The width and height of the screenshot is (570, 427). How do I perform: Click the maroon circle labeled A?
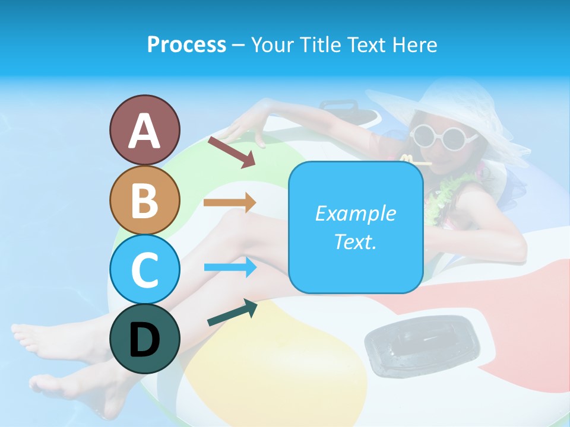coord(144,130)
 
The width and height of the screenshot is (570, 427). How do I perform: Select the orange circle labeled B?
coord(144,200)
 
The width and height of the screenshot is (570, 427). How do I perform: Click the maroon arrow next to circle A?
coord(232,152)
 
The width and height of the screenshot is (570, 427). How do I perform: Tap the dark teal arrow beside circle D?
coord(232,314)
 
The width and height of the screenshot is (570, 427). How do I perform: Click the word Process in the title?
coord(186,44)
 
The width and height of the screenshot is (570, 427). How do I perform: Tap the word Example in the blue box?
coord(355,213)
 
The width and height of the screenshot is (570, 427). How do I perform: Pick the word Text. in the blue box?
coord(355,241)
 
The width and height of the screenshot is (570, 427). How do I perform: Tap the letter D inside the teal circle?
coord(144,339)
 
